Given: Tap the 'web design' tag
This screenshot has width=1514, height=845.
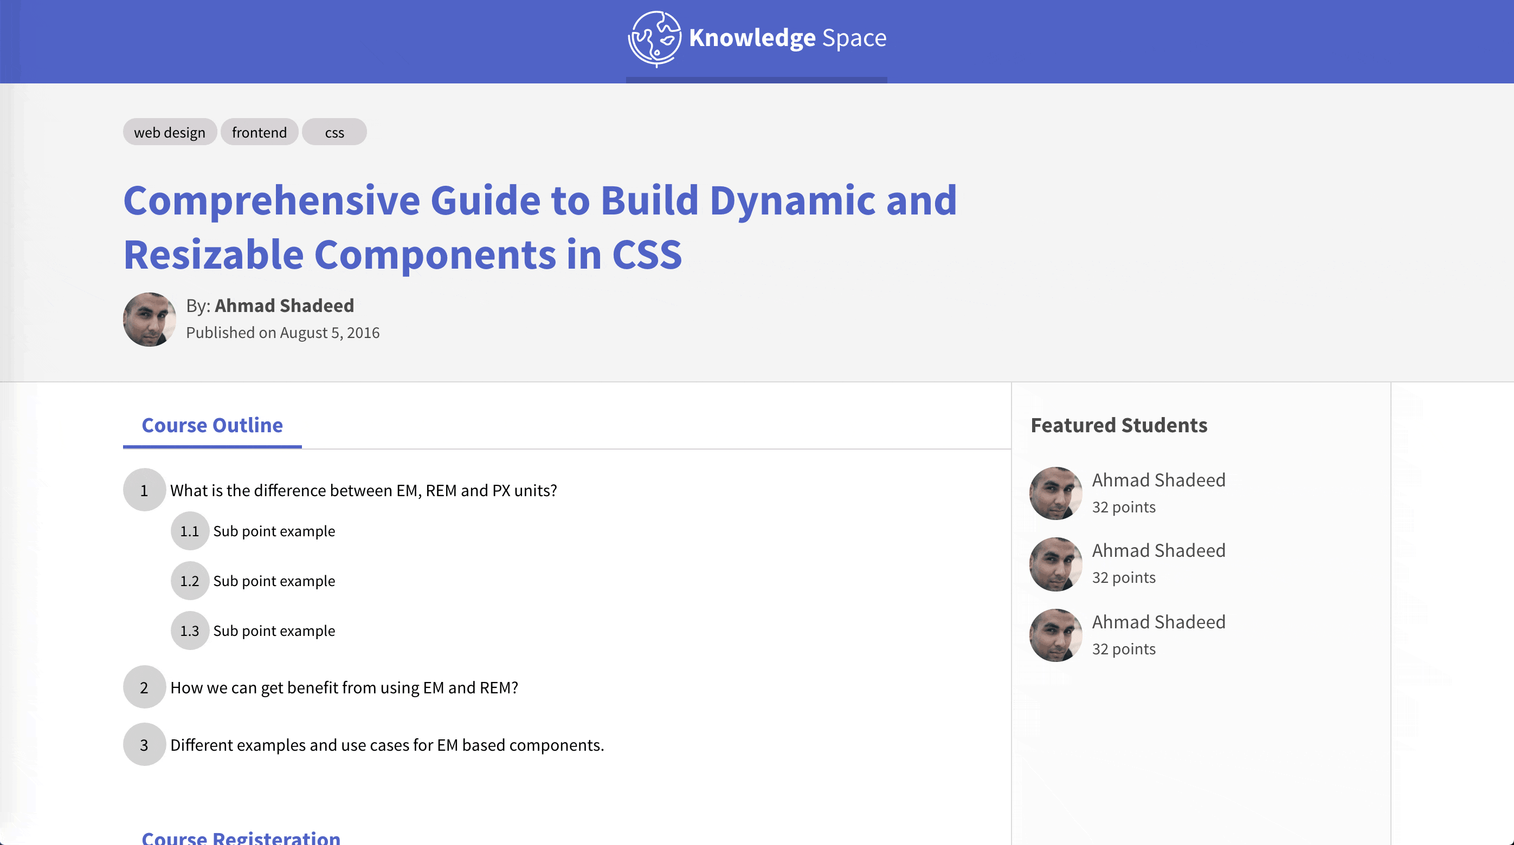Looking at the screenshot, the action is pos(170,132).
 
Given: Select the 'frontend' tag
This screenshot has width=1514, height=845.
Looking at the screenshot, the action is pos(259,132).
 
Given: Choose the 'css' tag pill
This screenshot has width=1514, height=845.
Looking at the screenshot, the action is pos(334,132).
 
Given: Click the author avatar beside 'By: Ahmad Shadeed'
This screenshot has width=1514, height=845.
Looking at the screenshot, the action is pos(149,320).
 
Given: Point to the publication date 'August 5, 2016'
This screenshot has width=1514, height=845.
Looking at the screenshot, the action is pos(330,333).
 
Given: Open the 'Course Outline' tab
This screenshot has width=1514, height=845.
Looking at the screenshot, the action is pos(212,425).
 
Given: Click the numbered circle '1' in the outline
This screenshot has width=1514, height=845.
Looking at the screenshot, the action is pos(144,490).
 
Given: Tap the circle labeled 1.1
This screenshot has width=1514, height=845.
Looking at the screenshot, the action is pos(190,531).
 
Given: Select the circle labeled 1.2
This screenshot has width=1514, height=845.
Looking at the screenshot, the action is pos(190,581).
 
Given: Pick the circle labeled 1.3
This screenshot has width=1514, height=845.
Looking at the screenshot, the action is pos(190,630).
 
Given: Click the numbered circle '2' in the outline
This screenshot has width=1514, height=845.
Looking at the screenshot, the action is pos(144,687).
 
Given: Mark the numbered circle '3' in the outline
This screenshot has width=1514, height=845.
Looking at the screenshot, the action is pos(144,745).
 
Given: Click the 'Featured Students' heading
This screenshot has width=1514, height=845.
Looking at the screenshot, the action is pos(1119,425).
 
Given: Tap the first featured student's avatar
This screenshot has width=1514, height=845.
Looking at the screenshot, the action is pos(1055,493).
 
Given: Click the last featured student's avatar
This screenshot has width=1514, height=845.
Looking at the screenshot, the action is pos(1055,635).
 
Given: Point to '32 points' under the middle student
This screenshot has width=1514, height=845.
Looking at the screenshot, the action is pos(1124,577).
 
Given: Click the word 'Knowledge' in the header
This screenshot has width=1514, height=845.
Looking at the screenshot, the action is pos(752,37).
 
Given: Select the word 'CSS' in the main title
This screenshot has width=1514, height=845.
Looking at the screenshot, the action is pos(647,254).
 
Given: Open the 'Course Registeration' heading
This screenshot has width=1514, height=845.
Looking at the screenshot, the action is pos(241,837).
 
